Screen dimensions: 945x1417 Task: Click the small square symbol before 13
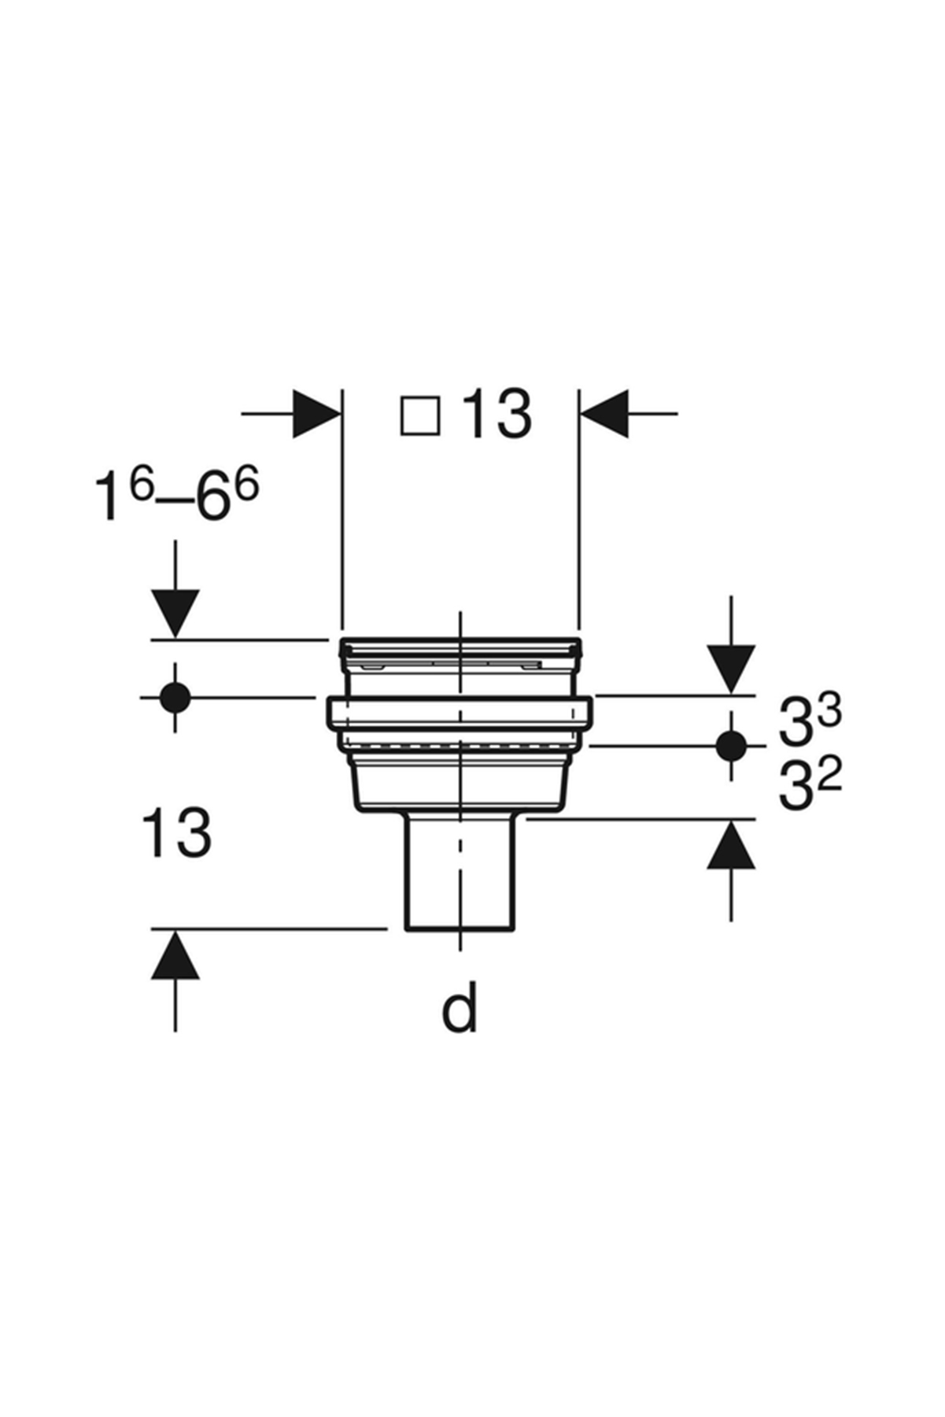[x=419, y=415]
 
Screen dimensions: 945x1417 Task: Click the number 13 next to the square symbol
[x=496, y=415]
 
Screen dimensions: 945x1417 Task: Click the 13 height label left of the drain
[x=176, y=832]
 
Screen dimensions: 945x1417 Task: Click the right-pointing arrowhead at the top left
[x=316, y=413]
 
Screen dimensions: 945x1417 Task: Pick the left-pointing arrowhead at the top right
[x=604, y=413]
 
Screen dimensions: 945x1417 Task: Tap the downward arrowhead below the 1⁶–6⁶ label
[x=175, y=613]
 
